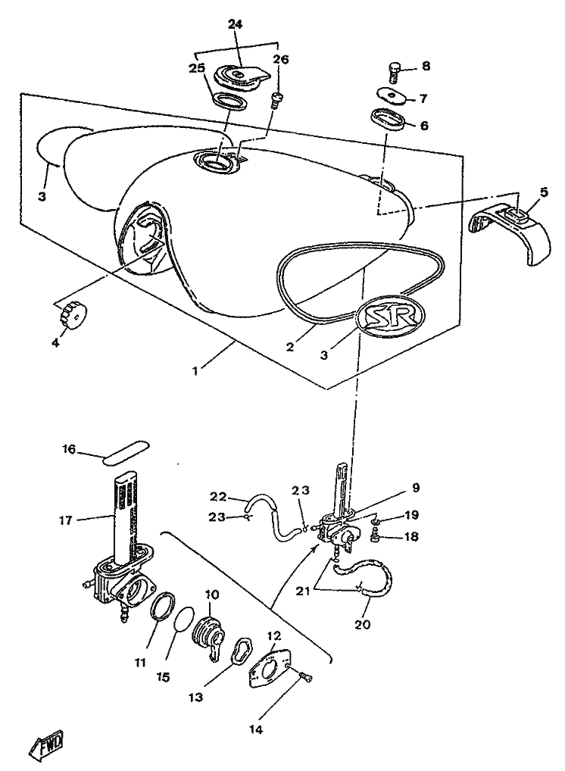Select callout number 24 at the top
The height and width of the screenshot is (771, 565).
coord(235,25)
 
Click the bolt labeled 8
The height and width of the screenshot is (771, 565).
coord(394,72)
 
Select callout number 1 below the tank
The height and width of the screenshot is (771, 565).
coord(196,372)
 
